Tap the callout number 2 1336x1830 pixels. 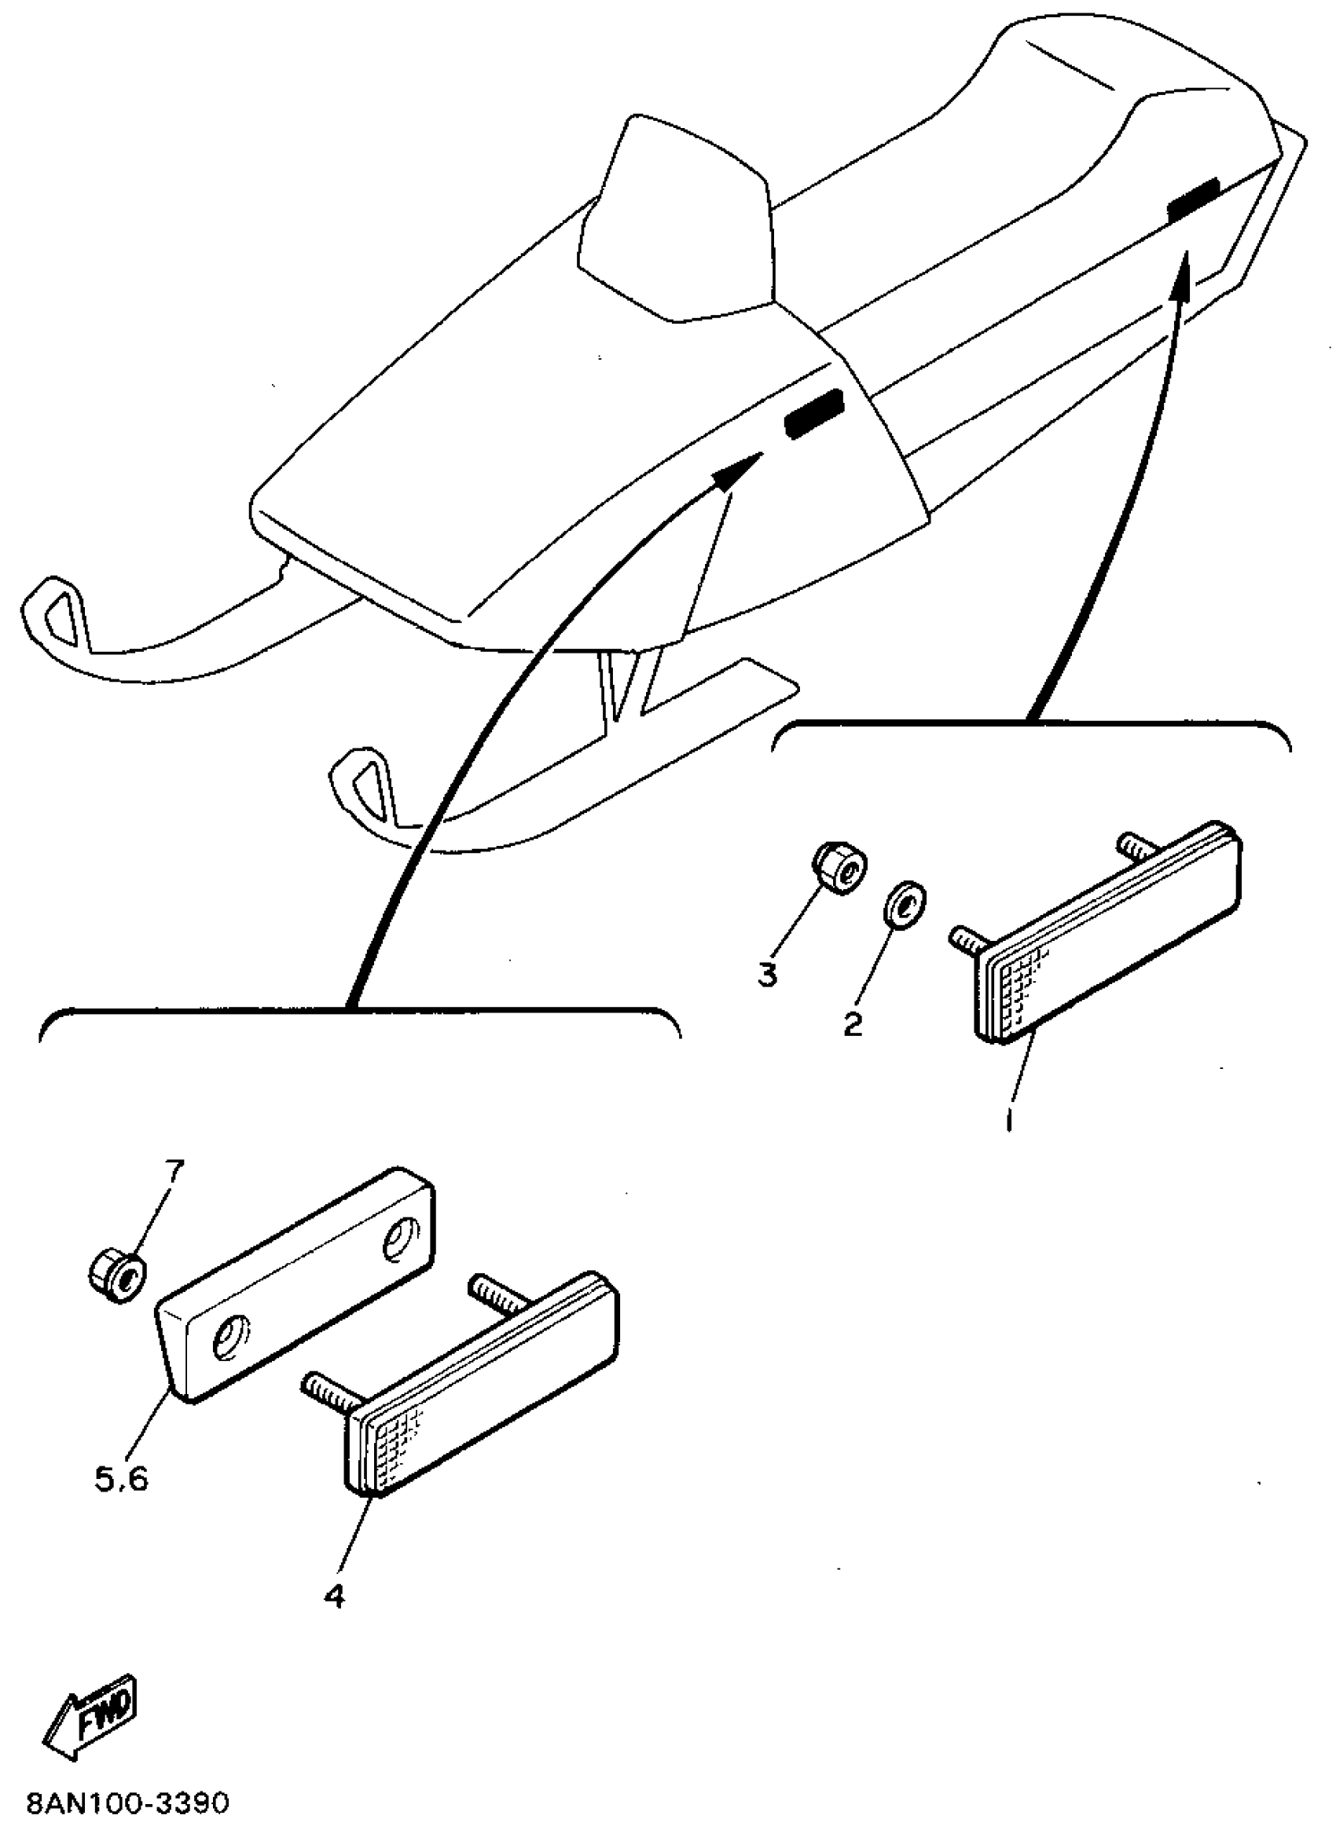[853, 1024]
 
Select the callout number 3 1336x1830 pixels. [767, 974]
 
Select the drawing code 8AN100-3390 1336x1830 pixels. [128, 1803]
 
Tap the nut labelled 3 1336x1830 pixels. [841, 869]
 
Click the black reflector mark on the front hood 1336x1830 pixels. [813, 414]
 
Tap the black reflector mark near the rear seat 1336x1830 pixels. [1193, 199]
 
